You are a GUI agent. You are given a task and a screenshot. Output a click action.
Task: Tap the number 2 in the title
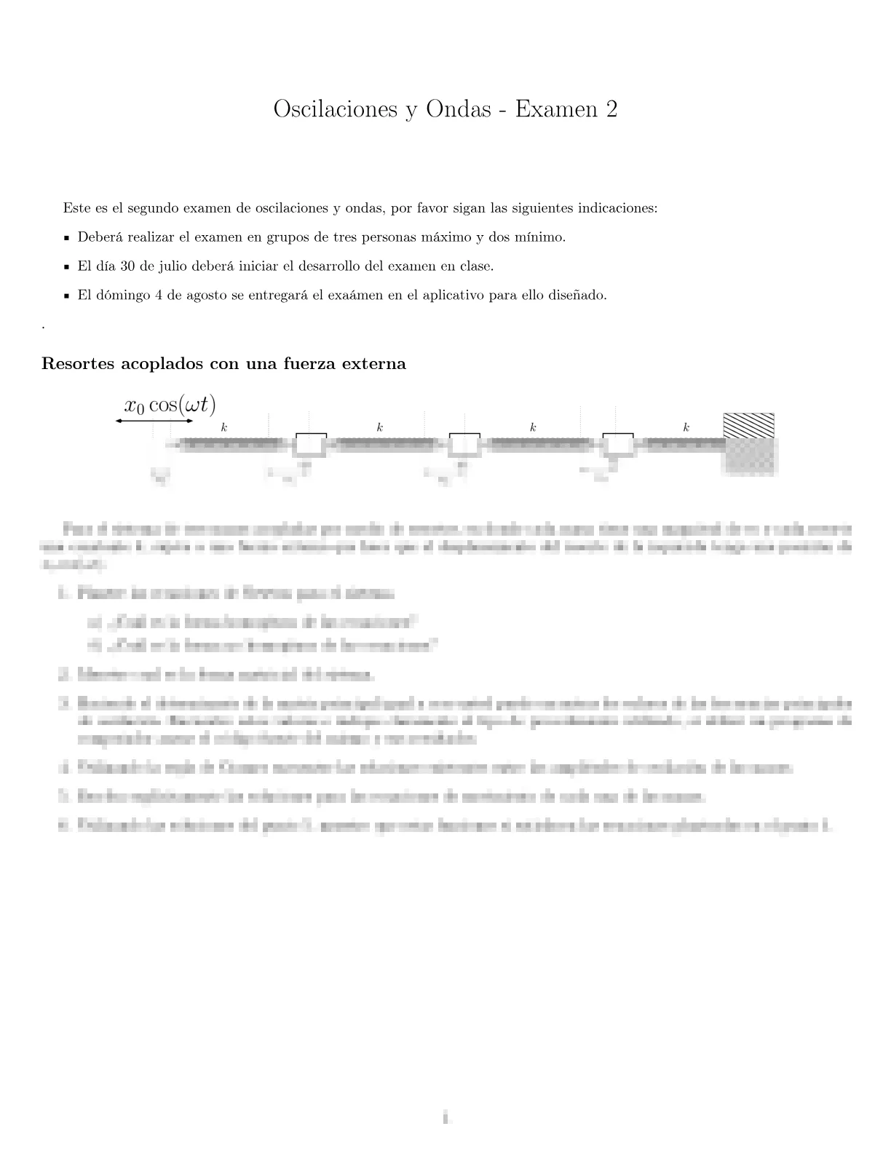[611, 109]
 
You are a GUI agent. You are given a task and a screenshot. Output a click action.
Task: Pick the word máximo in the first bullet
[443, 237]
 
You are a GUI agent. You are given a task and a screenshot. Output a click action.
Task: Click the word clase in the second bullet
[476, 266]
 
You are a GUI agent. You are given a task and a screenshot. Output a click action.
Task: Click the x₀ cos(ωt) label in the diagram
[170, 405]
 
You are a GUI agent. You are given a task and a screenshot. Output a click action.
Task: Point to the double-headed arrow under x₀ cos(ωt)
[154, 421]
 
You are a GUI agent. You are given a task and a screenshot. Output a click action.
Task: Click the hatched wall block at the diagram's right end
[748, 425]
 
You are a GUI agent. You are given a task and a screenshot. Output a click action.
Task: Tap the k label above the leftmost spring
[224, 428]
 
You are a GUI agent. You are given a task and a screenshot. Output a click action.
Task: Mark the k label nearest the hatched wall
[686, 428]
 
